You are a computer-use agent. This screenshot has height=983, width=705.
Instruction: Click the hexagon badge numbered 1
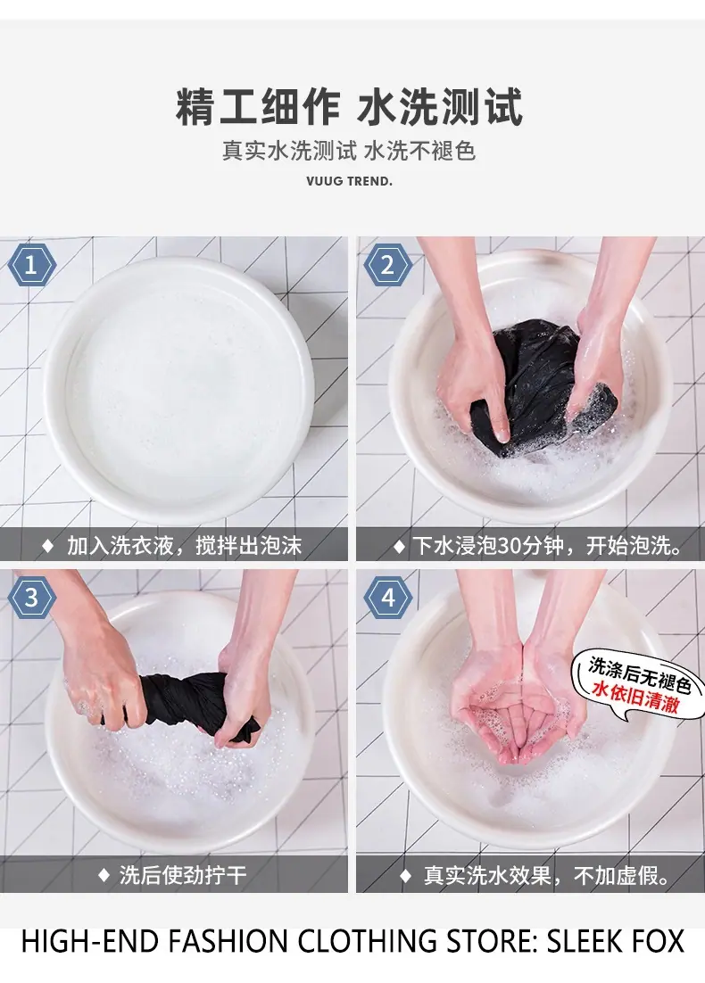(x=31, y=265)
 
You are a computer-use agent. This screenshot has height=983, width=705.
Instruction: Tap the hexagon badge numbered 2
(x=387, y=265)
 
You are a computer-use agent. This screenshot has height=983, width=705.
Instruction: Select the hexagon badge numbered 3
(x=31, y=598)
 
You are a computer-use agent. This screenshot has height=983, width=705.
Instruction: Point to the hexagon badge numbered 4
(x=387, y=598)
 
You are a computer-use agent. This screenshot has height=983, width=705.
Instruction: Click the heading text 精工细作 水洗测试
(x=349, y=106)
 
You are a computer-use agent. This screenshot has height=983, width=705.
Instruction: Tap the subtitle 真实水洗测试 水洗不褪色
(x=349, y=151)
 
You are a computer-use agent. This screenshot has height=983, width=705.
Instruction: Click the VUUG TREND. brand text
(x=349, y=181)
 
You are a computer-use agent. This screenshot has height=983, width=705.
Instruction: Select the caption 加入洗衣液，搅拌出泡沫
(x=184, y=545)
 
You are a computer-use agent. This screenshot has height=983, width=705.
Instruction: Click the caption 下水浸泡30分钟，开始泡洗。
(x=548, y=545)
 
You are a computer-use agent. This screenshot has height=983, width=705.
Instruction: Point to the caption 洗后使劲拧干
(x=183, y=874)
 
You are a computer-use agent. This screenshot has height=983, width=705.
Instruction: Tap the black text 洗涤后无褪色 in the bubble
(x=639, y=674)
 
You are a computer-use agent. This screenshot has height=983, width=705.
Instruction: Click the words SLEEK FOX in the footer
(x=615, y=941)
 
